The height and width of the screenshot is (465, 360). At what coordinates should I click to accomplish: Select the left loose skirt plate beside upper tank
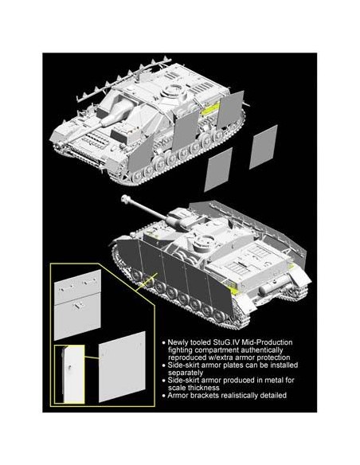pos(216,173)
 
